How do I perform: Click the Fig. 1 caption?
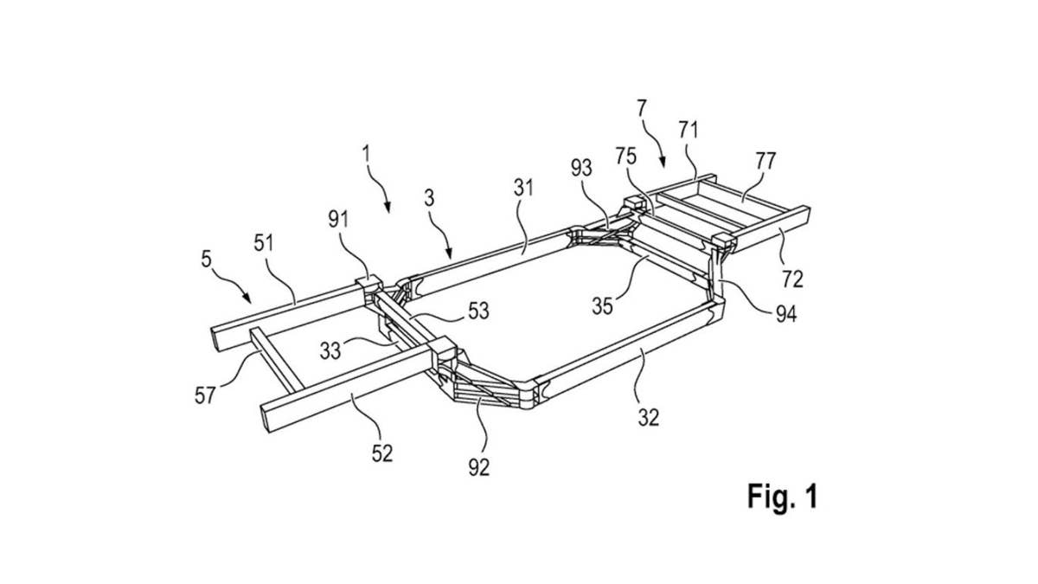pyautogui.click(x=783, y=497)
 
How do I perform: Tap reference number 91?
pyautogui.click(x=338, y=219)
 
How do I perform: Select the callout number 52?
pyautogui.click(x=382, y=452)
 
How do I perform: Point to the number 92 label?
pyautogui.click(x=478, y=468)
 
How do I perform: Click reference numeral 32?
pyautogui.click(x=648, y=418)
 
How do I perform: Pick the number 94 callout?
pyautogui.click(x=786, y=314)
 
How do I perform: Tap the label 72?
pyautogui.click(x=792, y=279)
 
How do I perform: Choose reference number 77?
pyautogui.click(x=766, y=161)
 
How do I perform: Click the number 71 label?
pyautogui.click(x=689, y=131)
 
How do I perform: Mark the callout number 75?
pyautogui.click(x=626, y=157)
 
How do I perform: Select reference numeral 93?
pyautogui.click(x=581, y=168)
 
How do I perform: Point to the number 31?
pyautogui.click(x=523, y=189)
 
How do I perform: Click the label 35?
pyautogui.click(x=602, y=306)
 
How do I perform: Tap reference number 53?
pyautogui.click(x=478, y=311)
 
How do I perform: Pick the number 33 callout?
pyautogui.click(x=330, y=351)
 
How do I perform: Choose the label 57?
pyautogui.click(x=205, y=395)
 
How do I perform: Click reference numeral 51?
pyautogui.click(x=264, y=243)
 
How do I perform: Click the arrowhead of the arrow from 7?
pyautogui.click(x=663, y=163)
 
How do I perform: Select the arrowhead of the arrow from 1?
pyautogui.click(x=388, y=209)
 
